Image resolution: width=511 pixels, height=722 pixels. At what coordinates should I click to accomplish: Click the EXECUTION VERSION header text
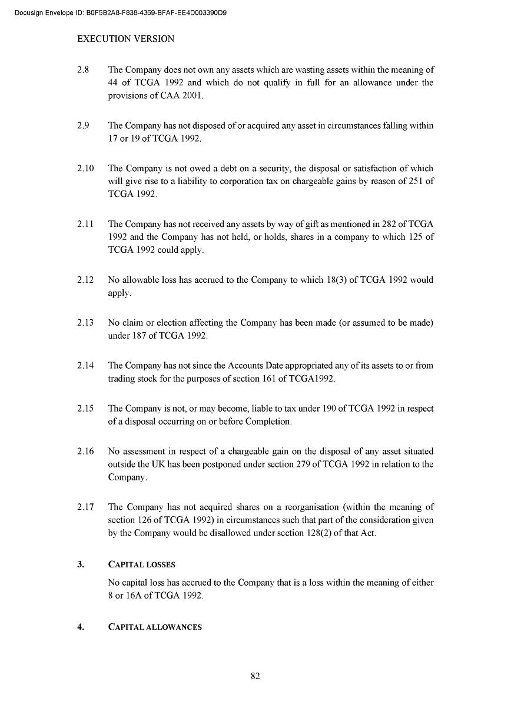pos(126,39)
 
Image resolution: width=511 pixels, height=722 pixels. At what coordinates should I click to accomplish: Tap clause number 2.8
pos(82,69)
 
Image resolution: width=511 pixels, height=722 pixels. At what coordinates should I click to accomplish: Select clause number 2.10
pos(85,168)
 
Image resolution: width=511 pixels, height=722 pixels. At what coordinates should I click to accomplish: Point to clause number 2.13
pos(85,323)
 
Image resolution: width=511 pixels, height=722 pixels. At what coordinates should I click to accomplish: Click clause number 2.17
pos(85,507)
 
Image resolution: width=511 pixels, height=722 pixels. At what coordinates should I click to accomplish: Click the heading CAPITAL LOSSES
pos(142,564)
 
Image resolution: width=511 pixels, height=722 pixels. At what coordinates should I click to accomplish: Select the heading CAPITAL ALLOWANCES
pos(155,627)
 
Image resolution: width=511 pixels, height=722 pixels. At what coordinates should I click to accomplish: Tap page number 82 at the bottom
pos(255,676)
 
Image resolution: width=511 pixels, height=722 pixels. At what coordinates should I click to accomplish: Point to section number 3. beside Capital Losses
pos(81,564)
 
